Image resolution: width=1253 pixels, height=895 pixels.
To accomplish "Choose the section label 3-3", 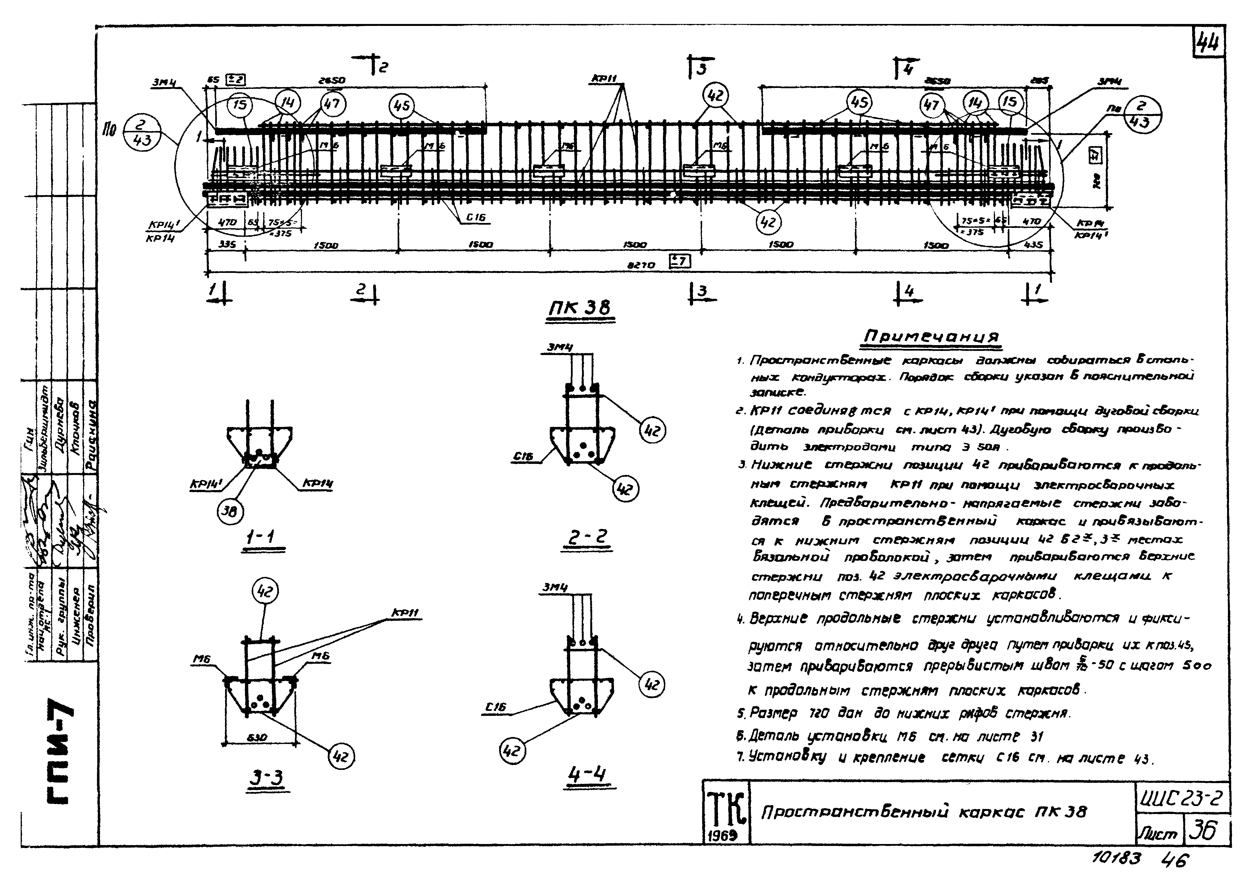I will coord(265,777).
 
